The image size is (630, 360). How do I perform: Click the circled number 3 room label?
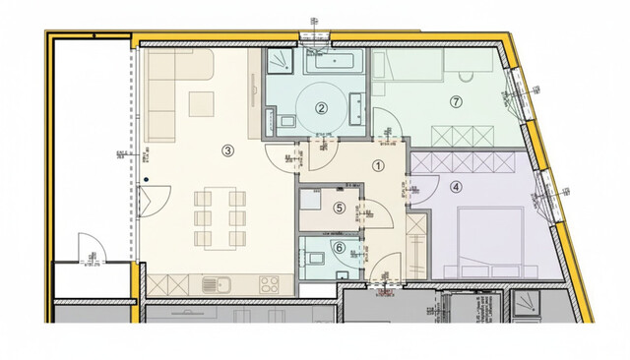coord(227,150)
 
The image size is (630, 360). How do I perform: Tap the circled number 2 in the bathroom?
coord(320,110)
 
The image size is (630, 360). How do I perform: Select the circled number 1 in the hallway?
coord(378,166)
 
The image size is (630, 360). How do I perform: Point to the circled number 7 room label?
coord(455,101)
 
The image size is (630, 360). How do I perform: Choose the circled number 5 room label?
coord(340,208)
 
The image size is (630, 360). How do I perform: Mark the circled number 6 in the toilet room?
coord(340,247)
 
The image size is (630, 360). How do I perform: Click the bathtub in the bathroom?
coord(334,62)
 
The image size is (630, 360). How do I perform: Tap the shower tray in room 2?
coord(282,62)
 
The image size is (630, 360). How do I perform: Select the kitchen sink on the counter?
coord(216,284)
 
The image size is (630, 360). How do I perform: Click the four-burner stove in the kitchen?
coord(270,284)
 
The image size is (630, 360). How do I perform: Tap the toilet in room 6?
coord(315,258)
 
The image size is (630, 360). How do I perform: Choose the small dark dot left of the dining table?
coord(146,179)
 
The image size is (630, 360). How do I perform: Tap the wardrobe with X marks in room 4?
coord(465,161)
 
